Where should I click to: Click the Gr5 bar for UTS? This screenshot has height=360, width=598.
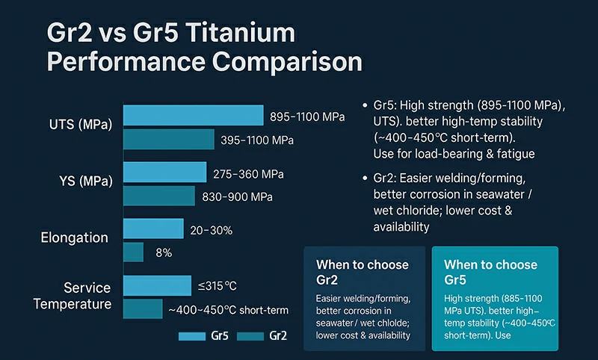(x=193, y=115)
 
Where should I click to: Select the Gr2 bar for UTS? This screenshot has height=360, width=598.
(x=168, y=140)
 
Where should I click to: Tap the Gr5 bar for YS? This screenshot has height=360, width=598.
(x=164, y=173)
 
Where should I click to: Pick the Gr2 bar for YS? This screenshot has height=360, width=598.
(x=158, y=196)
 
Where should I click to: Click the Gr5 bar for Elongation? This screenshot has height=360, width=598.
(x=153, y=229)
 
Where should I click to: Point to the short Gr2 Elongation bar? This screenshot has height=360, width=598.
(x=133, y=252)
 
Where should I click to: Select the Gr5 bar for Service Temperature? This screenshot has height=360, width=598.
(x=157, y=285)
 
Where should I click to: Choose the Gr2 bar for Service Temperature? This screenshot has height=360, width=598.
(x=143, y=309)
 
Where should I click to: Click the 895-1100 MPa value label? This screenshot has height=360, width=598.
(x=307, y=117)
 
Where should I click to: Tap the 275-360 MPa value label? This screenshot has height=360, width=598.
(x=248, y=173)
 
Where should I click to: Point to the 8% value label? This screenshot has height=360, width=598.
(x=163, y=253)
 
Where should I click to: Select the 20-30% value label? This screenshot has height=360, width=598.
(x=212, y=230)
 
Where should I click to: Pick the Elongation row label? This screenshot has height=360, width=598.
(x=74, y=238)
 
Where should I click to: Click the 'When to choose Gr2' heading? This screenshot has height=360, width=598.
(x=363, y=272)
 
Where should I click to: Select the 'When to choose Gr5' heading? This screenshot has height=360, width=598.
(x=490, y=272)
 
